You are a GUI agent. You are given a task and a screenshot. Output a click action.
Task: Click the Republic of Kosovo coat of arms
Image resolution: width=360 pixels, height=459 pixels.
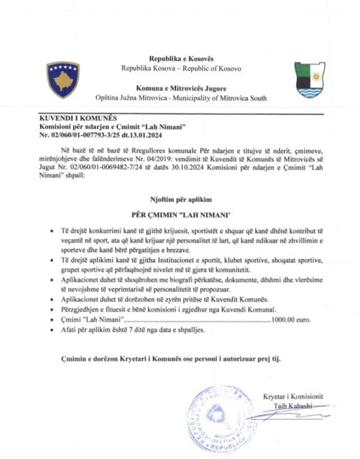coord(63,80)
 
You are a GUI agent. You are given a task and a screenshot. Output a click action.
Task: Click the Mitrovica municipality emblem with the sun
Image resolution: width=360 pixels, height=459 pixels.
coord(309,80)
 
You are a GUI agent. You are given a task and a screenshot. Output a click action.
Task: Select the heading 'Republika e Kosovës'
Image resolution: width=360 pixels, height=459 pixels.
coord(181,59)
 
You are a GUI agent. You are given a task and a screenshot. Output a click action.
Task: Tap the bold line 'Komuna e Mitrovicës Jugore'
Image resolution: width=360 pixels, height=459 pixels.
coord(181,88)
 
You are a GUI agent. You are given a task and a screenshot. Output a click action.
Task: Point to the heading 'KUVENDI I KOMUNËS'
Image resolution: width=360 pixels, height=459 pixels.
coord(78,119)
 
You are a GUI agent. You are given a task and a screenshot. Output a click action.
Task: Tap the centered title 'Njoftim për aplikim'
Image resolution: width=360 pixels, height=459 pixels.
coord(181,200)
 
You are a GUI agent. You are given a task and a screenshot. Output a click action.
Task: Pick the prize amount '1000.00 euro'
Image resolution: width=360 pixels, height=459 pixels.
coord(291,320)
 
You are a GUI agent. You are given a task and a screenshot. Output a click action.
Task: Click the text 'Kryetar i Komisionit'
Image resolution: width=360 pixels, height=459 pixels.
coord(293,397)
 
